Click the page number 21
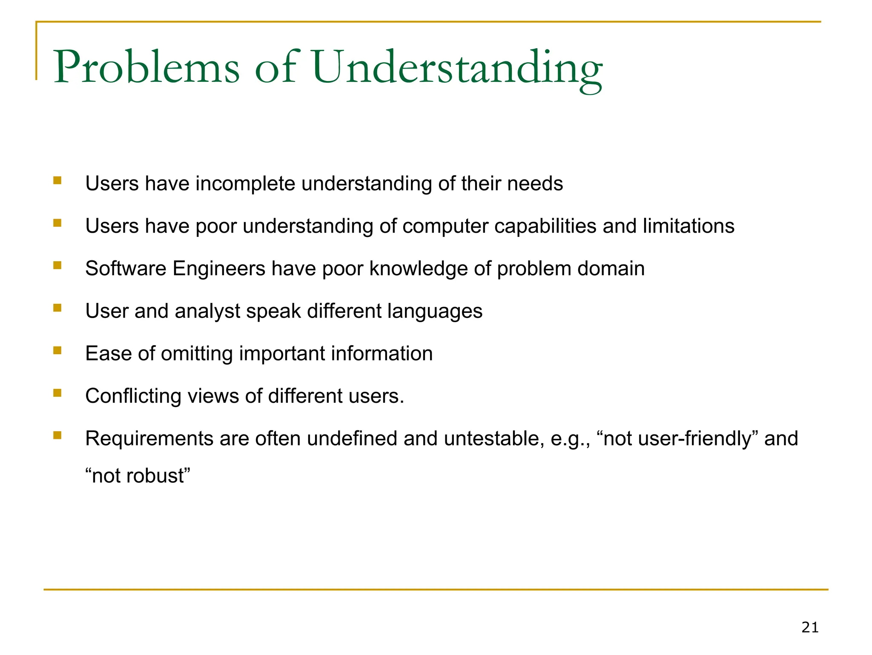[810, 627]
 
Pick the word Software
[126, 268]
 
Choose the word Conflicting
[133, 396]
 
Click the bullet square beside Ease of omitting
[57, 350]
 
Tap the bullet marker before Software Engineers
[57, 265]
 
